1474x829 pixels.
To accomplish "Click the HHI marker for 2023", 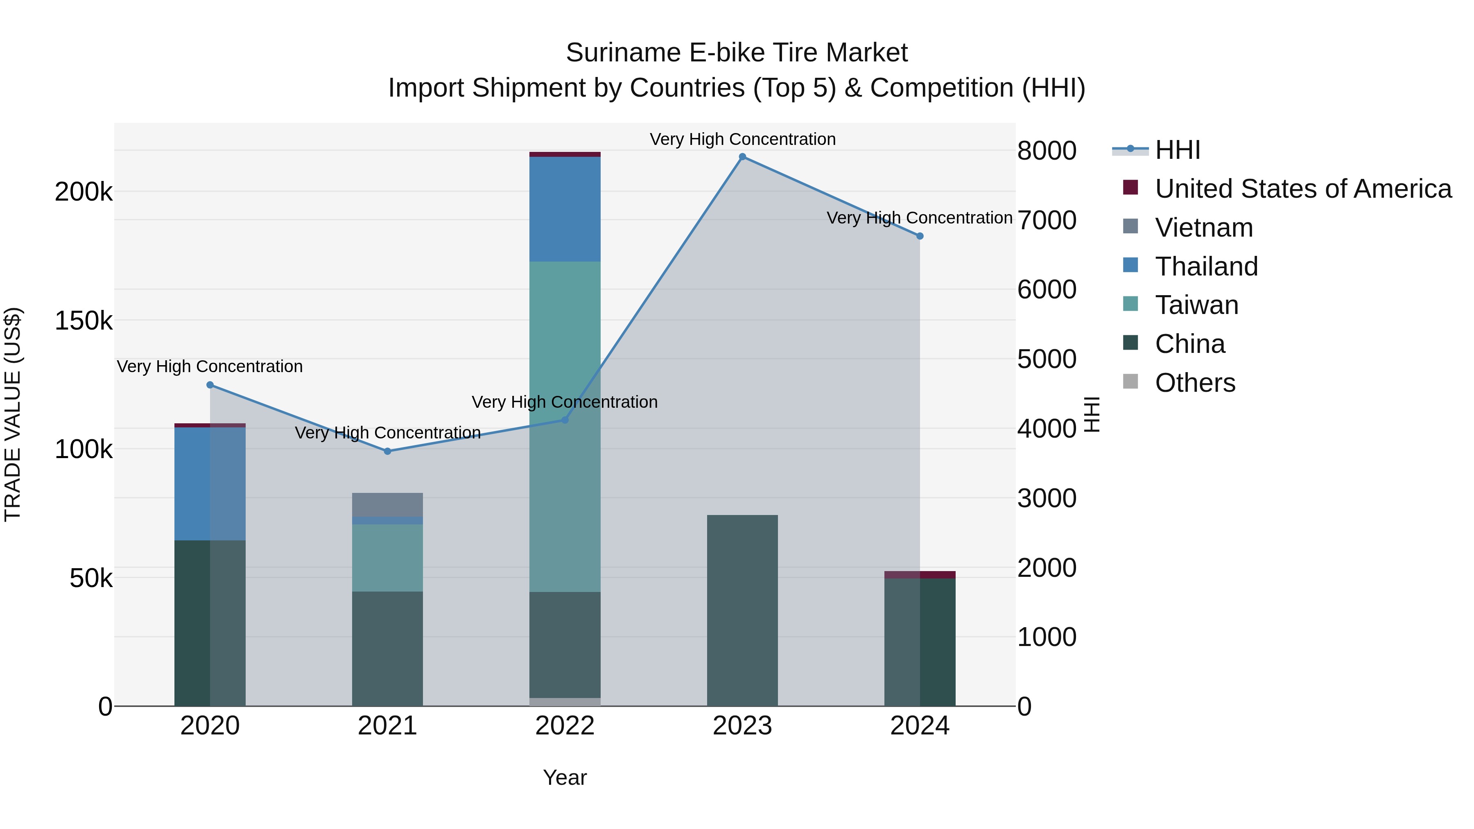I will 742,157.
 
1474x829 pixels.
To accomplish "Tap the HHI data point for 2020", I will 210,385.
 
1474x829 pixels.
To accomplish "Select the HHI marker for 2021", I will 387,452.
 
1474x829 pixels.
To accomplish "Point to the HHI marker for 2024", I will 920,236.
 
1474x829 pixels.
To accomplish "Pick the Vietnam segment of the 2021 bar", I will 387,505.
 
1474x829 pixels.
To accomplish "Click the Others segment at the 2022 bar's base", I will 565,702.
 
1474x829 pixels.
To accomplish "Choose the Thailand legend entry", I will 1206,267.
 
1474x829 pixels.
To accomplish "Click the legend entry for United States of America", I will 1302,189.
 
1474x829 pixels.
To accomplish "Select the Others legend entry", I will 1195,383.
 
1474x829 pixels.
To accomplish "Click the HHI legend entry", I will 1177,150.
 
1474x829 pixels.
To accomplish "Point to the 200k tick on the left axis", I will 84,192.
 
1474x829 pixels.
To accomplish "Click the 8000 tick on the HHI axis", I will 1047,151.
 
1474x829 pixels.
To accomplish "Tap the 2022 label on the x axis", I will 565,726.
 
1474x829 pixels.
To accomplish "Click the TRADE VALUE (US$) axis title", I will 13,414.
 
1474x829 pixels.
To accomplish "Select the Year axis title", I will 565,777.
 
